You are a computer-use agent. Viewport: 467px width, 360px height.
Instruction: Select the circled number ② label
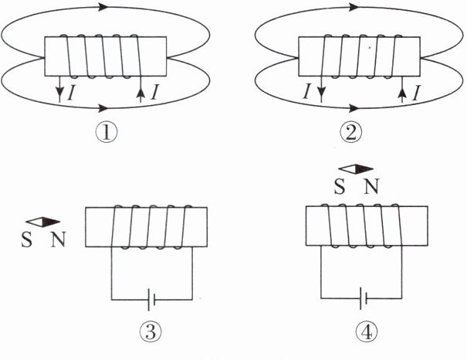[x=352, y=133]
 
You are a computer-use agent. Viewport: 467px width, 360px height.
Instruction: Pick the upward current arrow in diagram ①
[x=140, y=91]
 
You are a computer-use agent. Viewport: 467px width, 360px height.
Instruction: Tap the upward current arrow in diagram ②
[x=401, y=92]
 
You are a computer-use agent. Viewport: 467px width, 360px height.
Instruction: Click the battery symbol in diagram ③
[x=151, y=299]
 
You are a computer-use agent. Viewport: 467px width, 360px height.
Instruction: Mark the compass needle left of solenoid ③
[x=45, y=222]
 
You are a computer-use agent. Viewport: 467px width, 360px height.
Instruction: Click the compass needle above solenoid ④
[x=357, y=169]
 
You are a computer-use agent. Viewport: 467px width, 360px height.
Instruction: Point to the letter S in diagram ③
[x=29, y=239]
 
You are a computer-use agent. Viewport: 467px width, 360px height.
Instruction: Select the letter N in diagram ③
[x=59, y=239]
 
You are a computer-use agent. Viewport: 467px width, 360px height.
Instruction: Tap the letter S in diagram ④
[x=339, y=186]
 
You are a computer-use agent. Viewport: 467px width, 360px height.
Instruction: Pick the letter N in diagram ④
[x=371, y=186]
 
